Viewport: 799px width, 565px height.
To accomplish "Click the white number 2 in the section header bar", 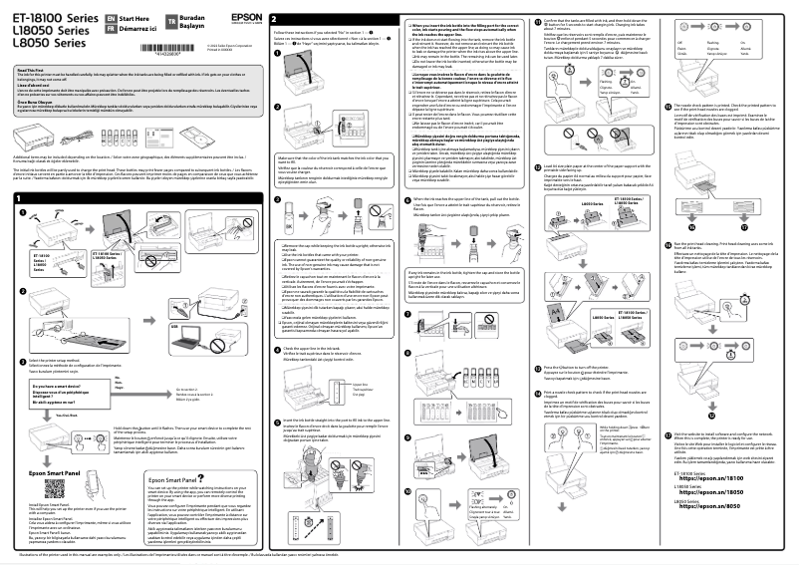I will click(x=274, y=20).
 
